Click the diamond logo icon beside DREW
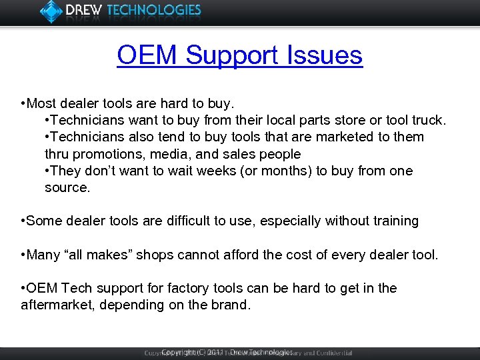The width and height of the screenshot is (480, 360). click(x=51, y=11)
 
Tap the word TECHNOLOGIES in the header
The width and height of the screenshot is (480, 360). click(x=154, y=11)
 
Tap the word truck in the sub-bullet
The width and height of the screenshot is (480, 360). click(x=427, y=121)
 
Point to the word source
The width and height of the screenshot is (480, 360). click(x=67, y=188)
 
